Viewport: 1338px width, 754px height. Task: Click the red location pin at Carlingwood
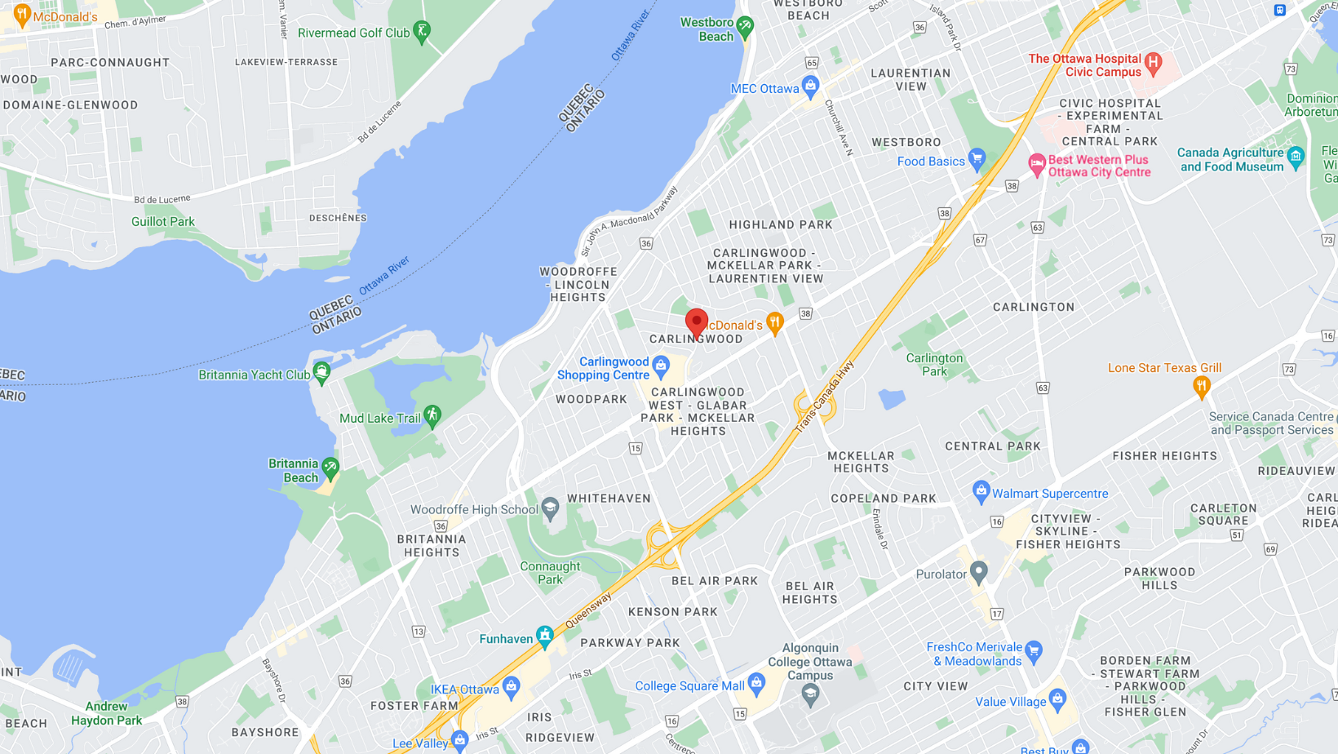click(x=696, y=323)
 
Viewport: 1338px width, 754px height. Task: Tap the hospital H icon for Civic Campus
click(x=1153, y=62)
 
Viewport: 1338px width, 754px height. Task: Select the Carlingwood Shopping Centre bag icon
click(x=661, y=364)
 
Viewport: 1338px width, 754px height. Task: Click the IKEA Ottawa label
click(x=465, y=690)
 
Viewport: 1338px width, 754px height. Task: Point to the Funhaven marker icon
click(x=545, y=635)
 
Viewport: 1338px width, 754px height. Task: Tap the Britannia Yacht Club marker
click(x=322, y=372)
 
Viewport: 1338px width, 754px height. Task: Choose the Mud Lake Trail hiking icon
click(x=432, y=415)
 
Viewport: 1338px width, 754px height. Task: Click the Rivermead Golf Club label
click(x=353, y=33)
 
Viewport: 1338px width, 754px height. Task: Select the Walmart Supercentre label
click(x=1050, y=494)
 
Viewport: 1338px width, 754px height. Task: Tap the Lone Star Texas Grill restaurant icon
click(x=1201, y=386)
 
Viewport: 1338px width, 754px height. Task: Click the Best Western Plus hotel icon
click(x=1036, y=164)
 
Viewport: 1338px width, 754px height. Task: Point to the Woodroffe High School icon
click(x=551, y=508)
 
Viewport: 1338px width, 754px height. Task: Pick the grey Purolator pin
click(x=978, y=572)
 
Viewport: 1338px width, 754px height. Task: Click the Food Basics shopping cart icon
click(x=977, y=158)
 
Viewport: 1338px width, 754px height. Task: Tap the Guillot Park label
click(x=163, y=222)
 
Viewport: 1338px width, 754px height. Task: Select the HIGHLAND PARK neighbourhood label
click(x=781, y=225)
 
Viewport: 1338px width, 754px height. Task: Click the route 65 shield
click(x=811, y=63)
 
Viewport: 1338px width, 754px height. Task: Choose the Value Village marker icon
click(x=1058, y=699)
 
